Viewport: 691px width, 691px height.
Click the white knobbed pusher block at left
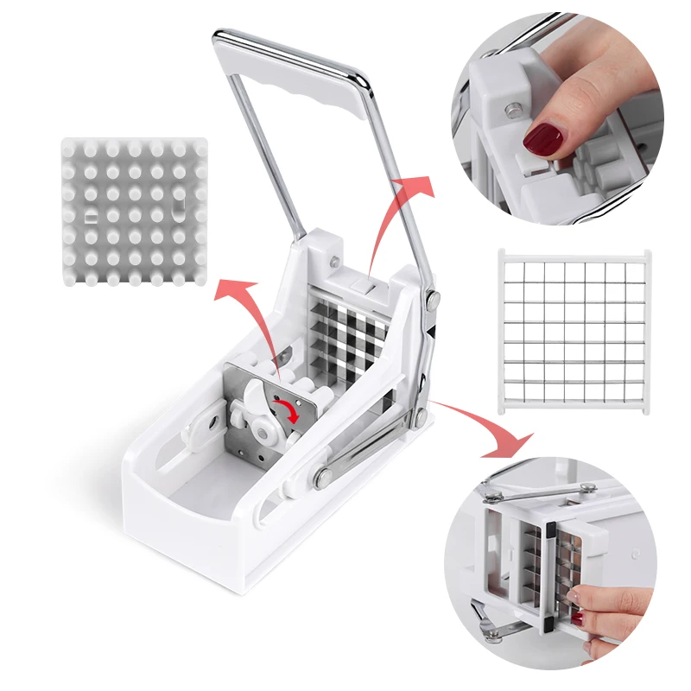pyautogui.click(x=135, y=212)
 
